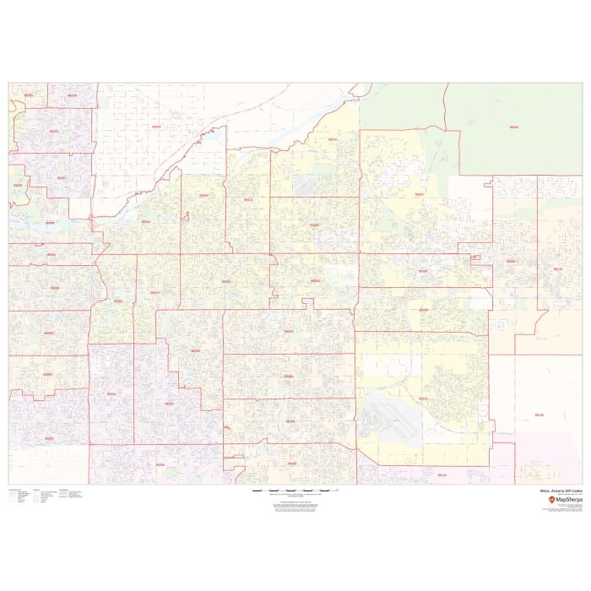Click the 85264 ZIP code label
point(514,127)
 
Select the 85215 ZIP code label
point(332,139)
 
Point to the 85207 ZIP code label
point(420,194)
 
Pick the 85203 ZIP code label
point(203,195)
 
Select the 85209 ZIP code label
point(423,310)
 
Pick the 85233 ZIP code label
point(169,404)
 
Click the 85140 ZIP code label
point(539,415)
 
